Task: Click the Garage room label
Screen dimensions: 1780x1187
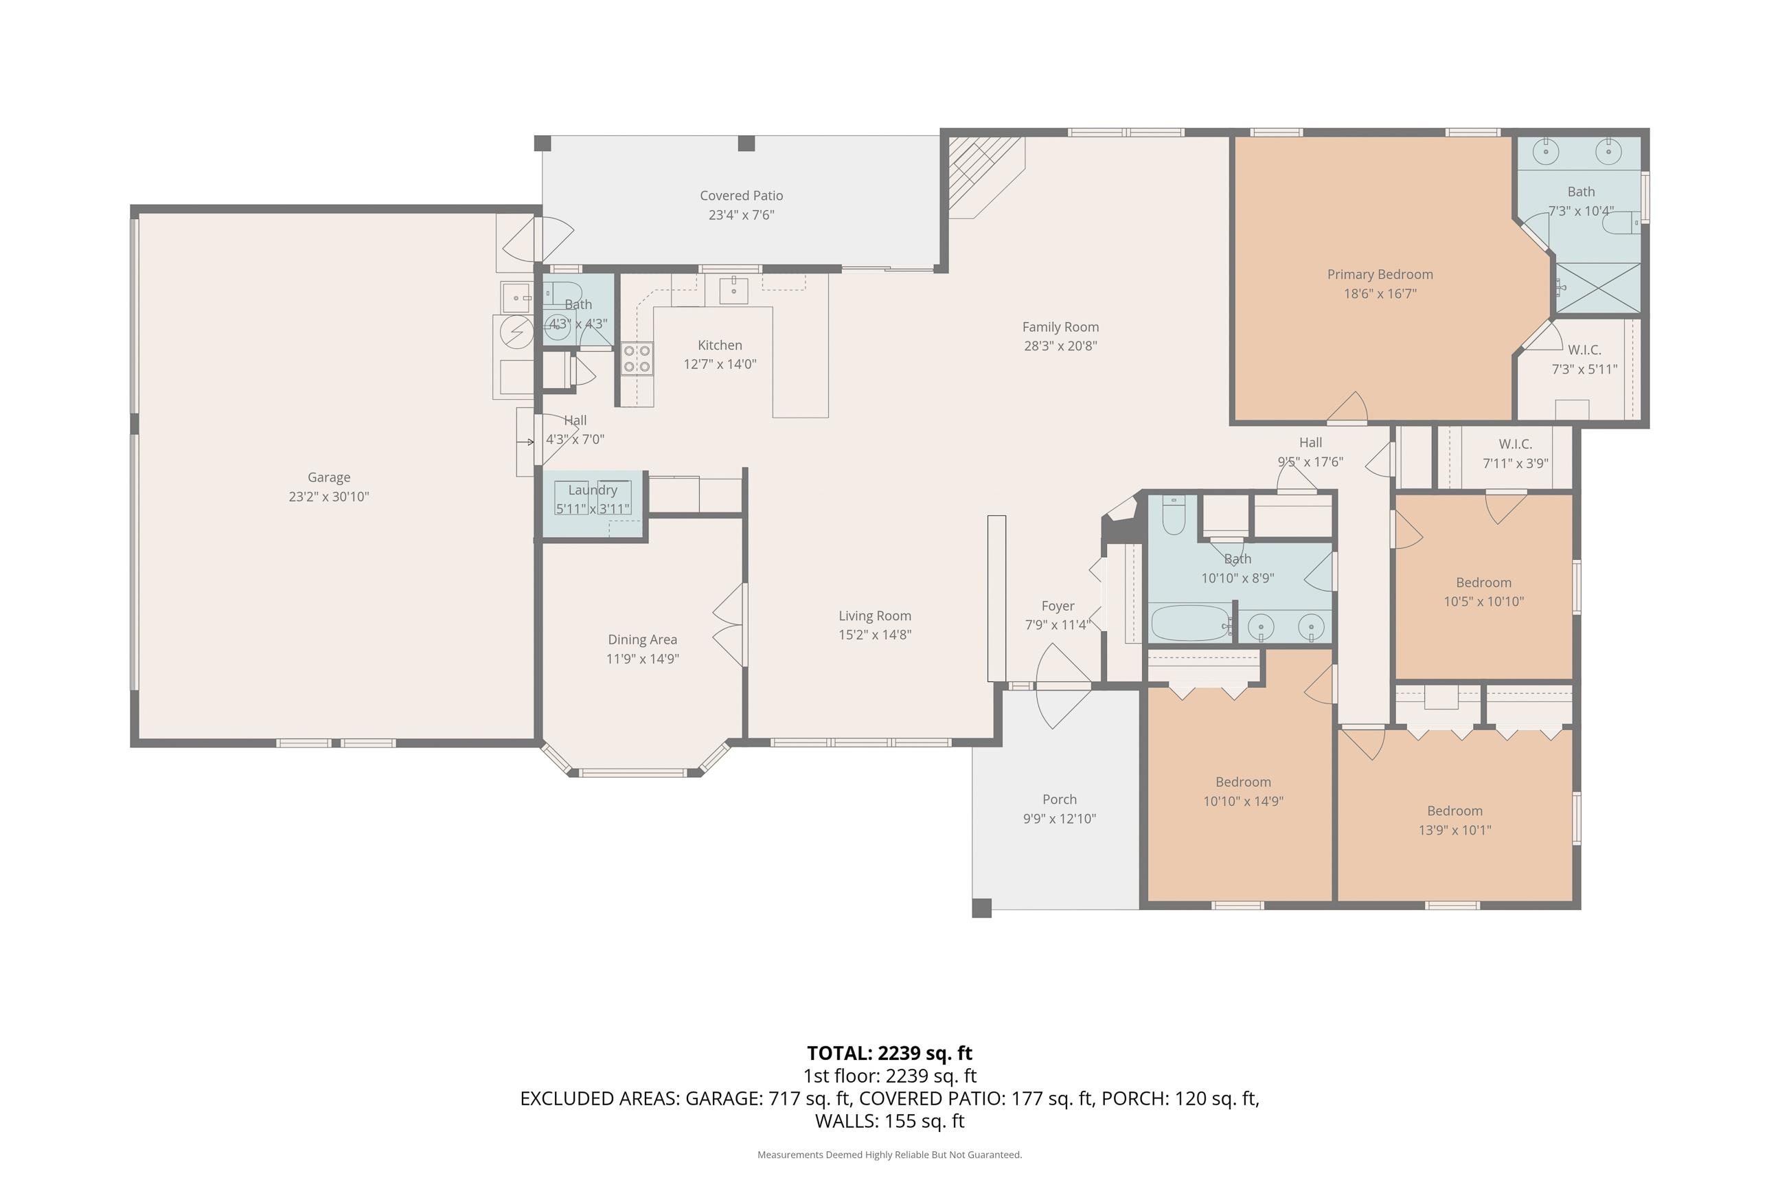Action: click(x=328, y=477)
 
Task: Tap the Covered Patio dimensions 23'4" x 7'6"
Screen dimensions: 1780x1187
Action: click(x=741, y=215)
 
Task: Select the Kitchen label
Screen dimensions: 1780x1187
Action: click(x=720, y=346)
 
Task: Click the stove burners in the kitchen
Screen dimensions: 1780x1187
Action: click(x=637, y=359)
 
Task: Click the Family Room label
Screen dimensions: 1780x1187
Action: click(x=1060, y=327)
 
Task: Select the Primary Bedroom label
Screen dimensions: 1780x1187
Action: click(x=1380, y=274)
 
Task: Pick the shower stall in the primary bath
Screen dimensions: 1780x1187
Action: click(x=1597, y=288)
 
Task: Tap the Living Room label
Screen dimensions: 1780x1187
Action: click(x=874, y=616)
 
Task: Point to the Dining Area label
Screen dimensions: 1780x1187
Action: click(x=642, y=640)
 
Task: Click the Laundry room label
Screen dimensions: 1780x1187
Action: click(x=593, y=490)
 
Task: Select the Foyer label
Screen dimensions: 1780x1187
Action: click(x=1058, y=607)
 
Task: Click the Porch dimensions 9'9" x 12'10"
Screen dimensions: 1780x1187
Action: click(x=1059, y=818)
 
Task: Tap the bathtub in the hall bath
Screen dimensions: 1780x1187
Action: click(x=1191, y=623)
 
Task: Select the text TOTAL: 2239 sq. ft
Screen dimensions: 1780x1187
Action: click(x=889, y=1053)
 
